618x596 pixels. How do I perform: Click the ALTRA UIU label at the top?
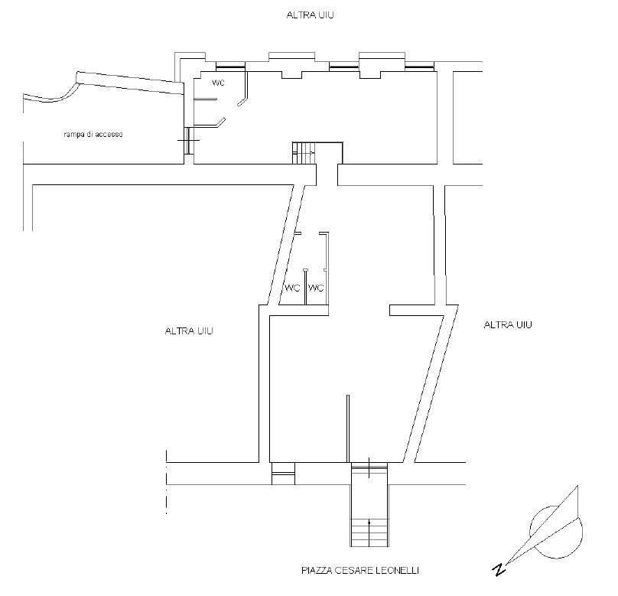310,15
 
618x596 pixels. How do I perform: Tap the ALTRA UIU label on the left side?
188,331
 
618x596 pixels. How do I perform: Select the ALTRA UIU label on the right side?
508,325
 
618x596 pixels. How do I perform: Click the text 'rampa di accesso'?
93,135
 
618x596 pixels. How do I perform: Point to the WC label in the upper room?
218,83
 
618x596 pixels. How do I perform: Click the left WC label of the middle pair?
292,288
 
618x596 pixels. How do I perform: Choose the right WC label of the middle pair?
315,288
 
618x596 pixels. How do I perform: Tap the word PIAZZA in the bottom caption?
316,571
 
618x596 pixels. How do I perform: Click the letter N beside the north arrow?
499,569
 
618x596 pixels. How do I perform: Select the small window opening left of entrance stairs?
283,474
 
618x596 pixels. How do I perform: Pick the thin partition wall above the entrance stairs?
348,428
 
